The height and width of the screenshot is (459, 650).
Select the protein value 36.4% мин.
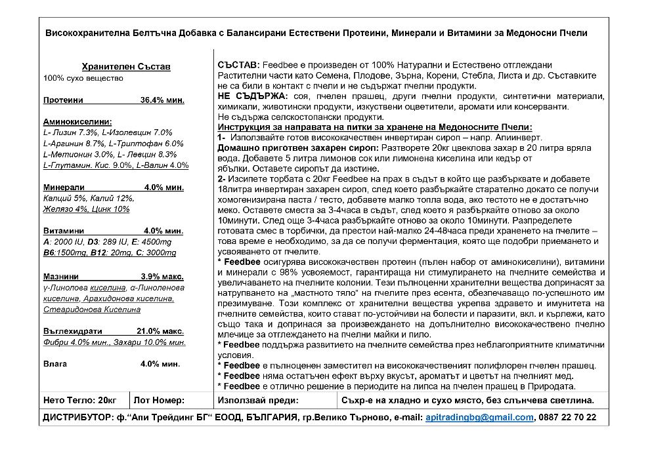click(x=162, y=100)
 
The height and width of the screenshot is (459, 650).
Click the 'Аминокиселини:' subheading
click(x=77, y=122)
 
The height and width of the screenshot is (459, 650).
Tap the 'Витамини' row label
click(x=63, y=231)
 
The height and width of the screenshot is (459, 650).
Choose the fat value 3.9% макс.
click(x=162, y=277)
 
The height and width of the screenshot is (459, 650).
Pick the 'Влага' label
click(x=54, y=363)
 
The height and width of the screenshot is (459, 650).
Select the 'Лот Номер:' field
click(x=159, y=399)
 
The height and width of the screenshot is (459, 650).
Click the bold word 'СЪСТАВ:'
click(x=238, y=68)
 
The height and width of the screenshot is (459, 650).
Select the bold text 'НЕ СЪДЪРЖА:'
click(x=248, y=96)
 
